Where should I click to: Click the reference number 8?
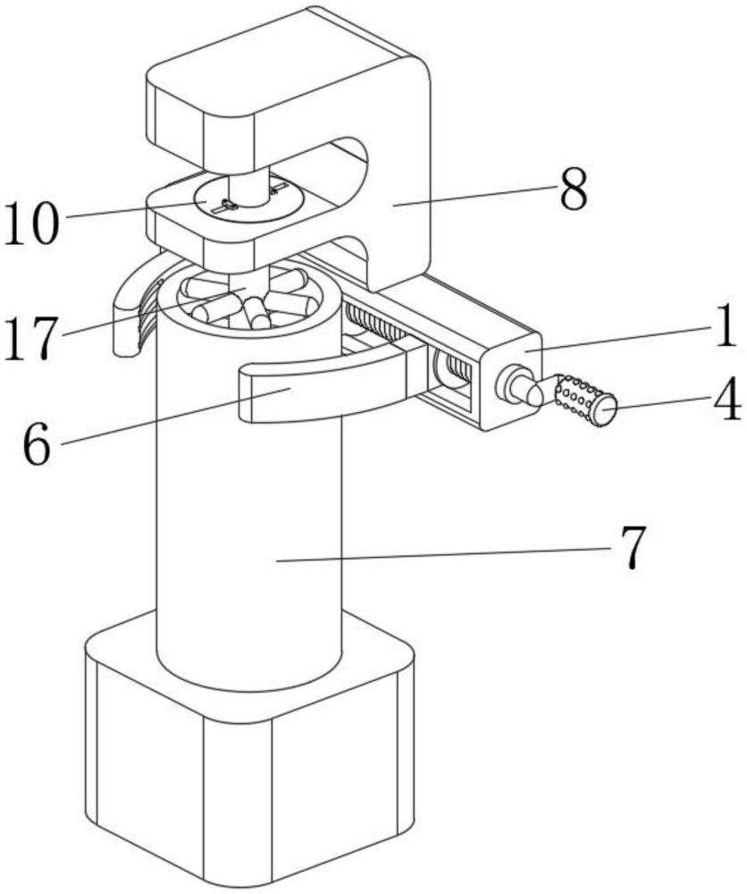point(573,190)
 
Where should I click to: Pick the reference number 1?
point(726,325)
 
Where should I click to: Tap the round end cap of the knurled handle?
point(605,411)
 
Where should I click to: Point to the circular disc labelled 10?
point(248,199)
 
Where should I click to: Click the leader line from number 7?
point(444,554)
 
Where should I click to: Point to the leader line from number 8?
point(473,196)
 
